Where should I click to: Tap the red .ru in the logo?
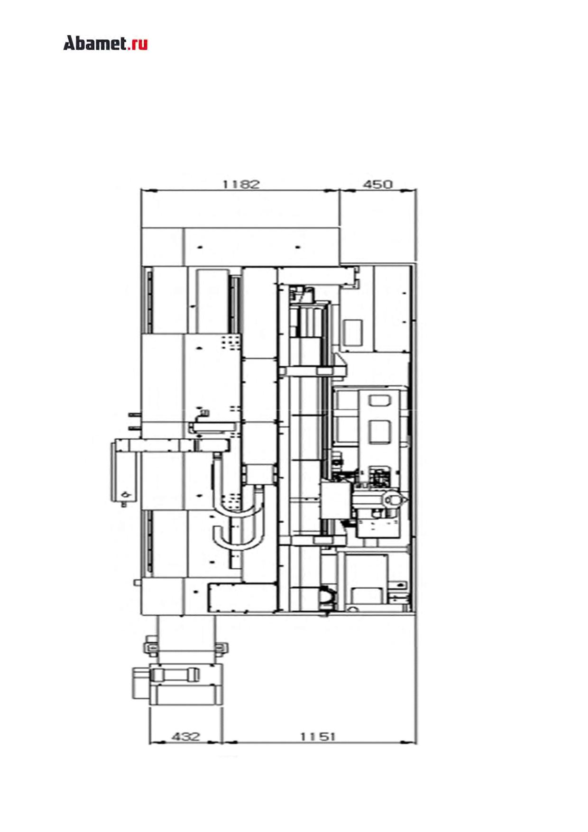coord(138,44)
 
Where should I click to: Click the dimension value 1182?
coord(241,184)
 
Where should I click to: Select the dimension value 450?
coord(377,184)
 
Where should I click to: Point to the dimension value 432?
coord(185,737)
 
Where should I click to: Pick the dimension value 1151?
coord(318,737)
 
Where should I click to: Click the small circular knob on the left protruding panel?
coord(125,494)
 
